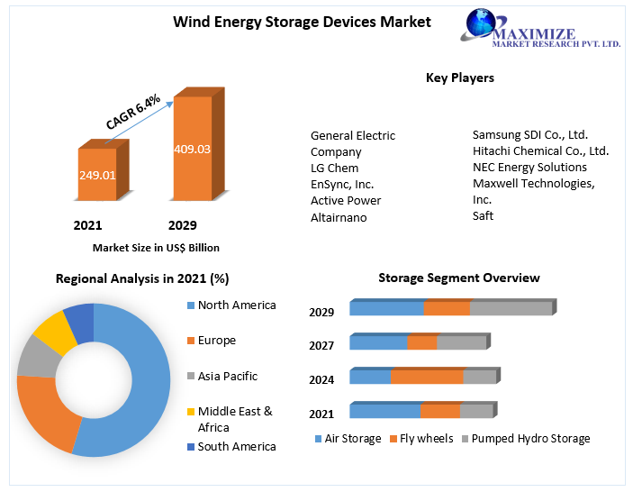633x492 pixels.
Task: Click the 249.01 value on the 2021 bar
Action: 96,175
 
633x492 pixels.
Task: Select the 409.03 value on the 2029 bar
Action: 192,149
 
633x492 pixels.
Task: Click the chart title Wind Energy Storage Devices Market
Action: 302,22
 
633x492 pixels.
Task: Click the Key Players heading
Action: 459,78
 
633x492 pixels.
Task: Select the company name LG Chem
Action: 334,168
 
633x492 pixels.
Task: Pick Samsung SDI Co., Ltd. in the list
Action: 529,134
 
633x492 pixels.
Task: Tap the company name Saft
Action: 483,215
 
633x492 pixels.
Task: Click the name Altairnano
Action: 339,217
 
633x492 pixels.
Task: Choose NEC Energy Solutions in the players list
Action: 529,167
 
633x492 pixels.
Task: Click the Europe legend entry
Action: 216,341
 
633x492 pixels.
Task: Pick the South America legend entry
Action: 236,446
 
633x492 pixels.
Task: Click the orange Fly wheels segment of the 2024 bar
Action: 427,377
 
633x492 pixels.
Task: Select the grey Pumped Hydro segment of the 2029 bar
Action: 511,308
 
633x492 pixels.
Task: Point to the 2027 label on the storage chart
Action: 321,345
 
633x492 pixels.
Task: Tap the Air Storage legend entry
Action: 351,439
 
